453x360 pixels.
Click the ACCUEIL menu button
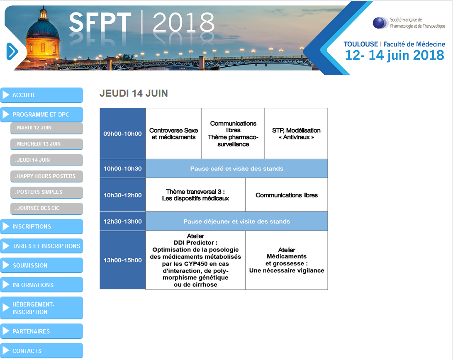click(41, 95)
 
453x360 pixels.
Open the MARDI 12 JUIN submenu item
click(46, 128)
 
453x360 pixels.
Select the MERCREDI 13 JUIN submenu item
click(46, 144)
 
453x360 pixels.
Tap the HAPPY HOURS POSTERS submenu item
click(46, 176)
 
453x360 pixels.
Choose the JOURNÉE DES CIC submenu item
click(46, 209)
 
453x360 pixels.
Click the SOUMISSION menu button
click(41, 265)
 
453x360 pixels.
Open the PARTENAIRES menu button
click(41, 331)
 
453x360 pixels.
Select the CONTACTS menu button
click(41, 351)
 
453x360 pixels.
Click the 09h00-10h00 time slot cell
click(122, 134)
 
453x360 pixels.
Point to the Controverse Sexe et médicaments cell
click(174, 134)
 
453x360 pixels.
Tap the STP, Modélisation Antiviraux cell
click(296, 134)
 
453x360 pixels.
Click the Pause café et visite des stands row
click(236, 168)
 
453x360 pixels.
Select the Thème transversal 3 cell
click(195, 195)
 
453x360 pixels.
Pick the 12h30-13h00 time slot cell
click(122, 221)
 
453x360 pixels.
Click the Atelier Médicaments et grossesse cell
click(287, 260)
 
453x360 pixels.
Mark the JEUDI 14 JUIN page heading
click(134, 93)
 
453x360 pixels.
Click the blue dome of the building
click(43, 28)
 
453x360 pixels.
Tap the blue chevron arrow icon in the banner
click(12, 51)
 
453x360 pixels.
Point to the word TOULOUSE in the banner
click(360, 44)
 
